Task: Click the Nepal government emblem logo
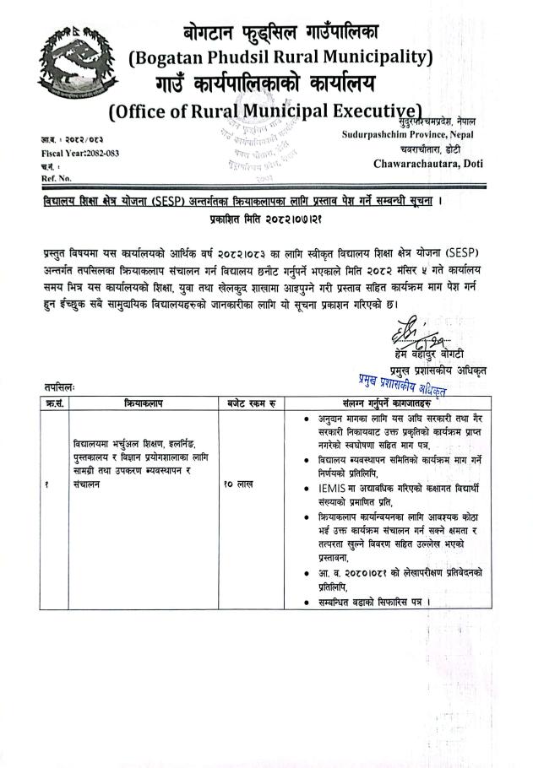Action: coord(63,60)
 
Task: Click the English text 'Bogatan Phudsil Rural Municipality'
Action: coord(281,58)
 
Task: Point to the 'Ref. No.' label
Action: coord(56,179)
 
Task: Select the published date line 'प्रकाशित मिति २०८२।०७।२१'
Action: coord(266,219)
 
